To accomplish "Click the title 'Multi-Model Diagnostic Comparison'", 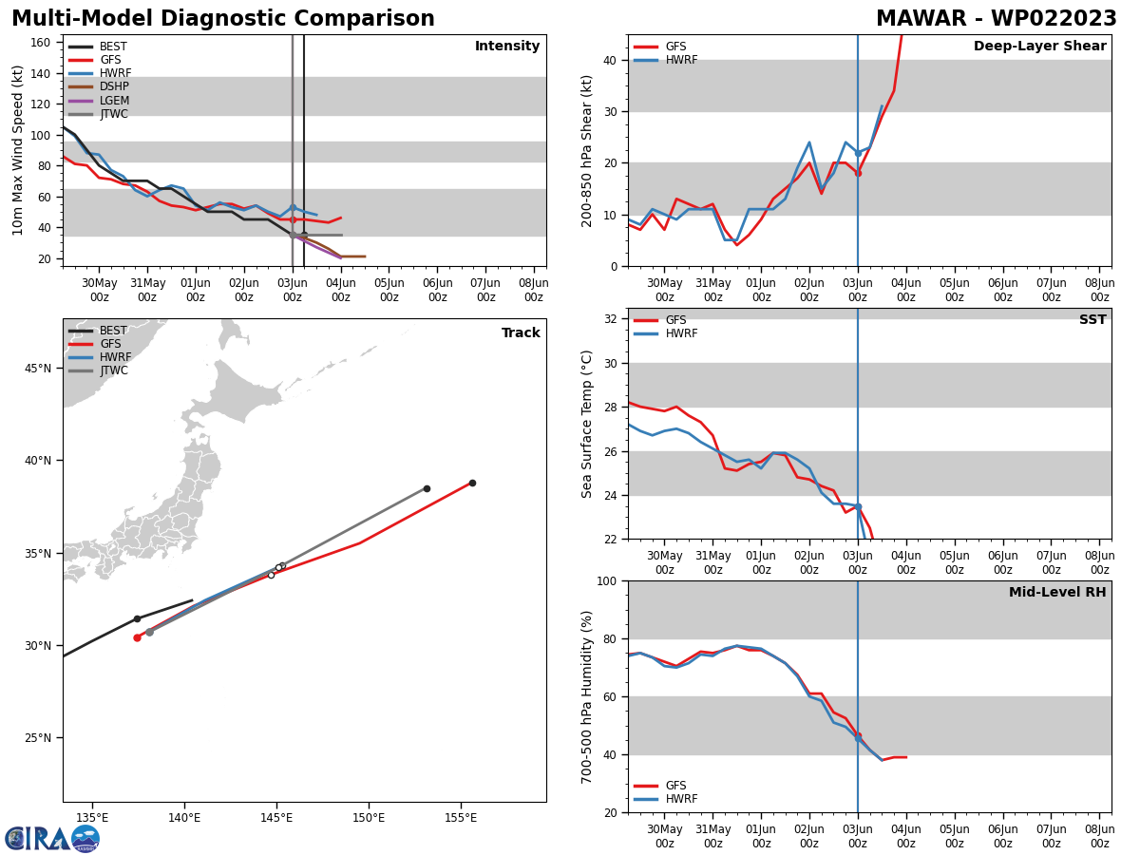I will pyautogui.click(x=223, y=19).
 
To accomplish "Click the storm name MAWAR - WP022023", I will pyautogui.click(x=996, y=19).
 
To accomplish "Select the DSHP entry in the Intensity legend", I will pyautogui.click(x=114, y=86).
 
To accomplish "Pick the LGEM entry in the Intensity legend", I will pyautogui.click(x=114, y=101).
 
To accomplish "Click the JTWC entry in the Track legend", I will pyautogui.click(x=114, y=370).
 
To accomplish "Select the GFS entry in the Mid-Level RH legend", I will pyautogui.click(x=675, y=786).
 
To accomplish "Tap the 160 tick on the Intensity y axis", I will pyautogui.click(x=41, y=43).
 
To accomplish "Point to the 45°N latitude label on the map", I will pyautogui.click(x=38, y=369).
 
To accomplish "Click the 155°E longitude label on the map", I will pyautogui.click(x=461, y=818).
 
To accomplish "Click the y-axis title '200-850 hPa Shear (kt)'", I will pyautogui.click(x=588, y=150).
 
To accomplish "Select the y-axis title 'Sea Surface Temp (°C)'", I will pyautogui.click(x=588, y=424).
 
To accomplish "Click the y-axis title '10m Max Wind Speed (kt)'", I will pyautogui.click(x=18, y=150).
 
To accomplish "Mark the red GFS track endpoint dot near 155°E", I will pyautogui.click(x=472, y=483).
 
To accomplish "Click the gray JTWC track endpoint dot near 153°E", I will pyautogui.click(x=427, y=488).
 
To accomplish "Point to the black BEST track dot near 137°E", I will pyautogui.click(x=137, y=618).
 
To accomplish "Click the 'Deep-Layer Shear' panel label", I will pyautogui.click(x=1039, y=47).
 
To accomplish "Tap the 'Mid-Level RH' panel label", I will pyautogui.click(x=1057, y=593).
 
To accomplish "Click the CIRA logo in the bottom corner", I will pyautogui.click(x=52, y=838).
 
